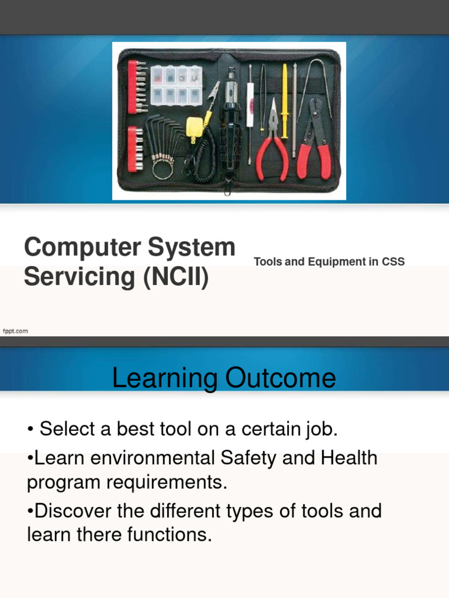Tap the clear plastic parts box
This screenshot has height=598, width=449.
click(x=175, y=85)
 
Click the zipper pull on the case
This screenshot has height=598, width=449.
click(x=229, y=188)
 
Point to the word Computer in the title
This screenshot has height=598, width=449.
click(x=81, y=248)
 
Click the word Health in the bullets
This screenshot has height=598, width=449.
click(x=346, y=458)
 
